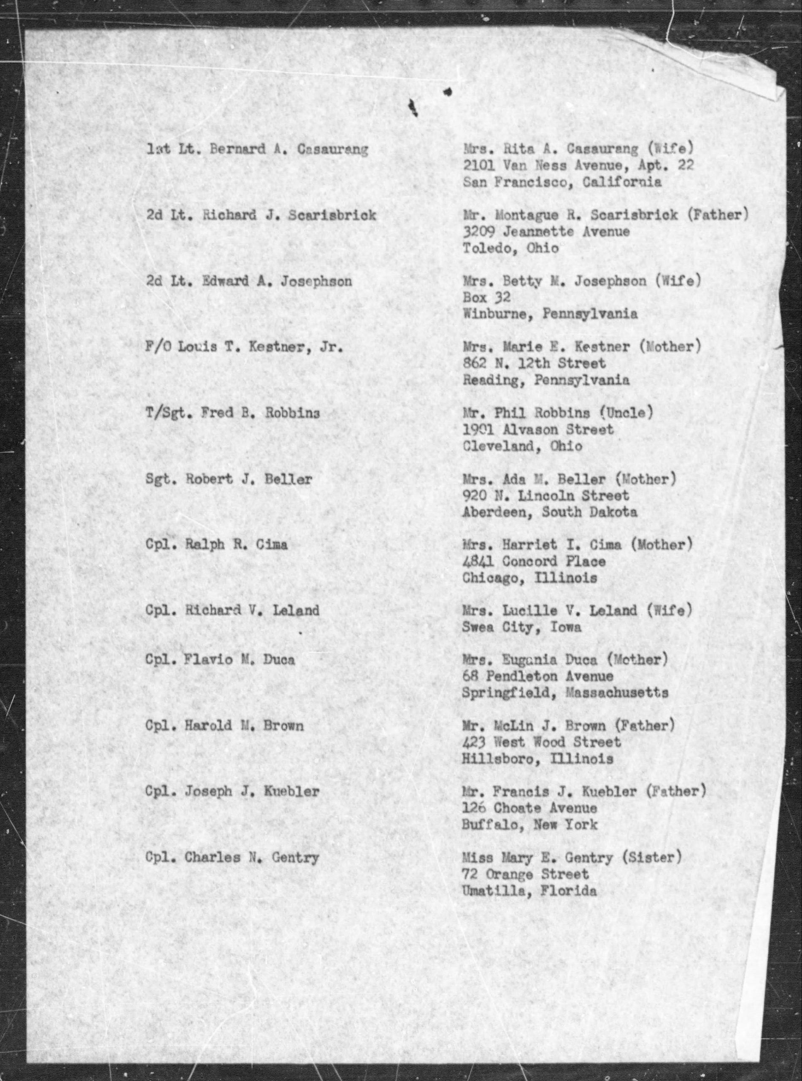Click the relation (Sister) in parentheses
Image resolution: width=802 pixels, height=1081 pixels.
[651, 858]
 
